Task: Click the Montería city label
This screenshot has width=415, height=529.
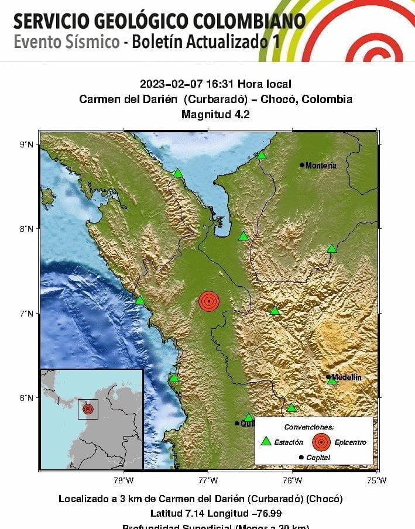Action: point(321,166)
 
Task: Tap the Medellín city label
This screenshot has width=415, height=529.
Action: point(347,377)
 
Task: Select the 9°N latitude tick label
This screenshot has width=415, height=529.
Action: point(27,144)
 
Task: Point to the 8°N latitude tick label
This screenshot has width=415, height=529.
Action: point(27,229)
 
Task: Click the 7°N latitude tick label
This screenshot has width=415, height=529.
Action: point(27,314)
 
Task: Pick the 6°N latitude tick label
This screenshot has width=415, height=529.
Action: point(27,398)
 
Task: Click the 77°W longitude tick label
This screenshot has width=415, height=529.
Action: point(208,481)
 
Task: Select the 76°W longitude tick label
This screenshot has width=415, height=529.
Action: point(293,481)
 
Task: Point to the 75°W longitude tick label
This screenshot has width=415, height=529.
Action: point(376,481)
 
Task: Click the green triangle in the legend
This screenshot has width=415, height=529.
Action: point(266,442)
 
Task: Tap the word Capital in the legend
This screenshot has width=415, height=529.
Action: point(318,458)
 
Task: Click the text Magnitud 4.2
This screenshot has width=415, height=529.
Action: point(215,114)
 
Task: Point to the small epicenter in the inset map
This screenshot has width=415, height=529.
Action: point(88,409)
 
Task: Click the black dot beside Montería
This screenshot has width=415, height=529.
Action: point(302,165)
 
